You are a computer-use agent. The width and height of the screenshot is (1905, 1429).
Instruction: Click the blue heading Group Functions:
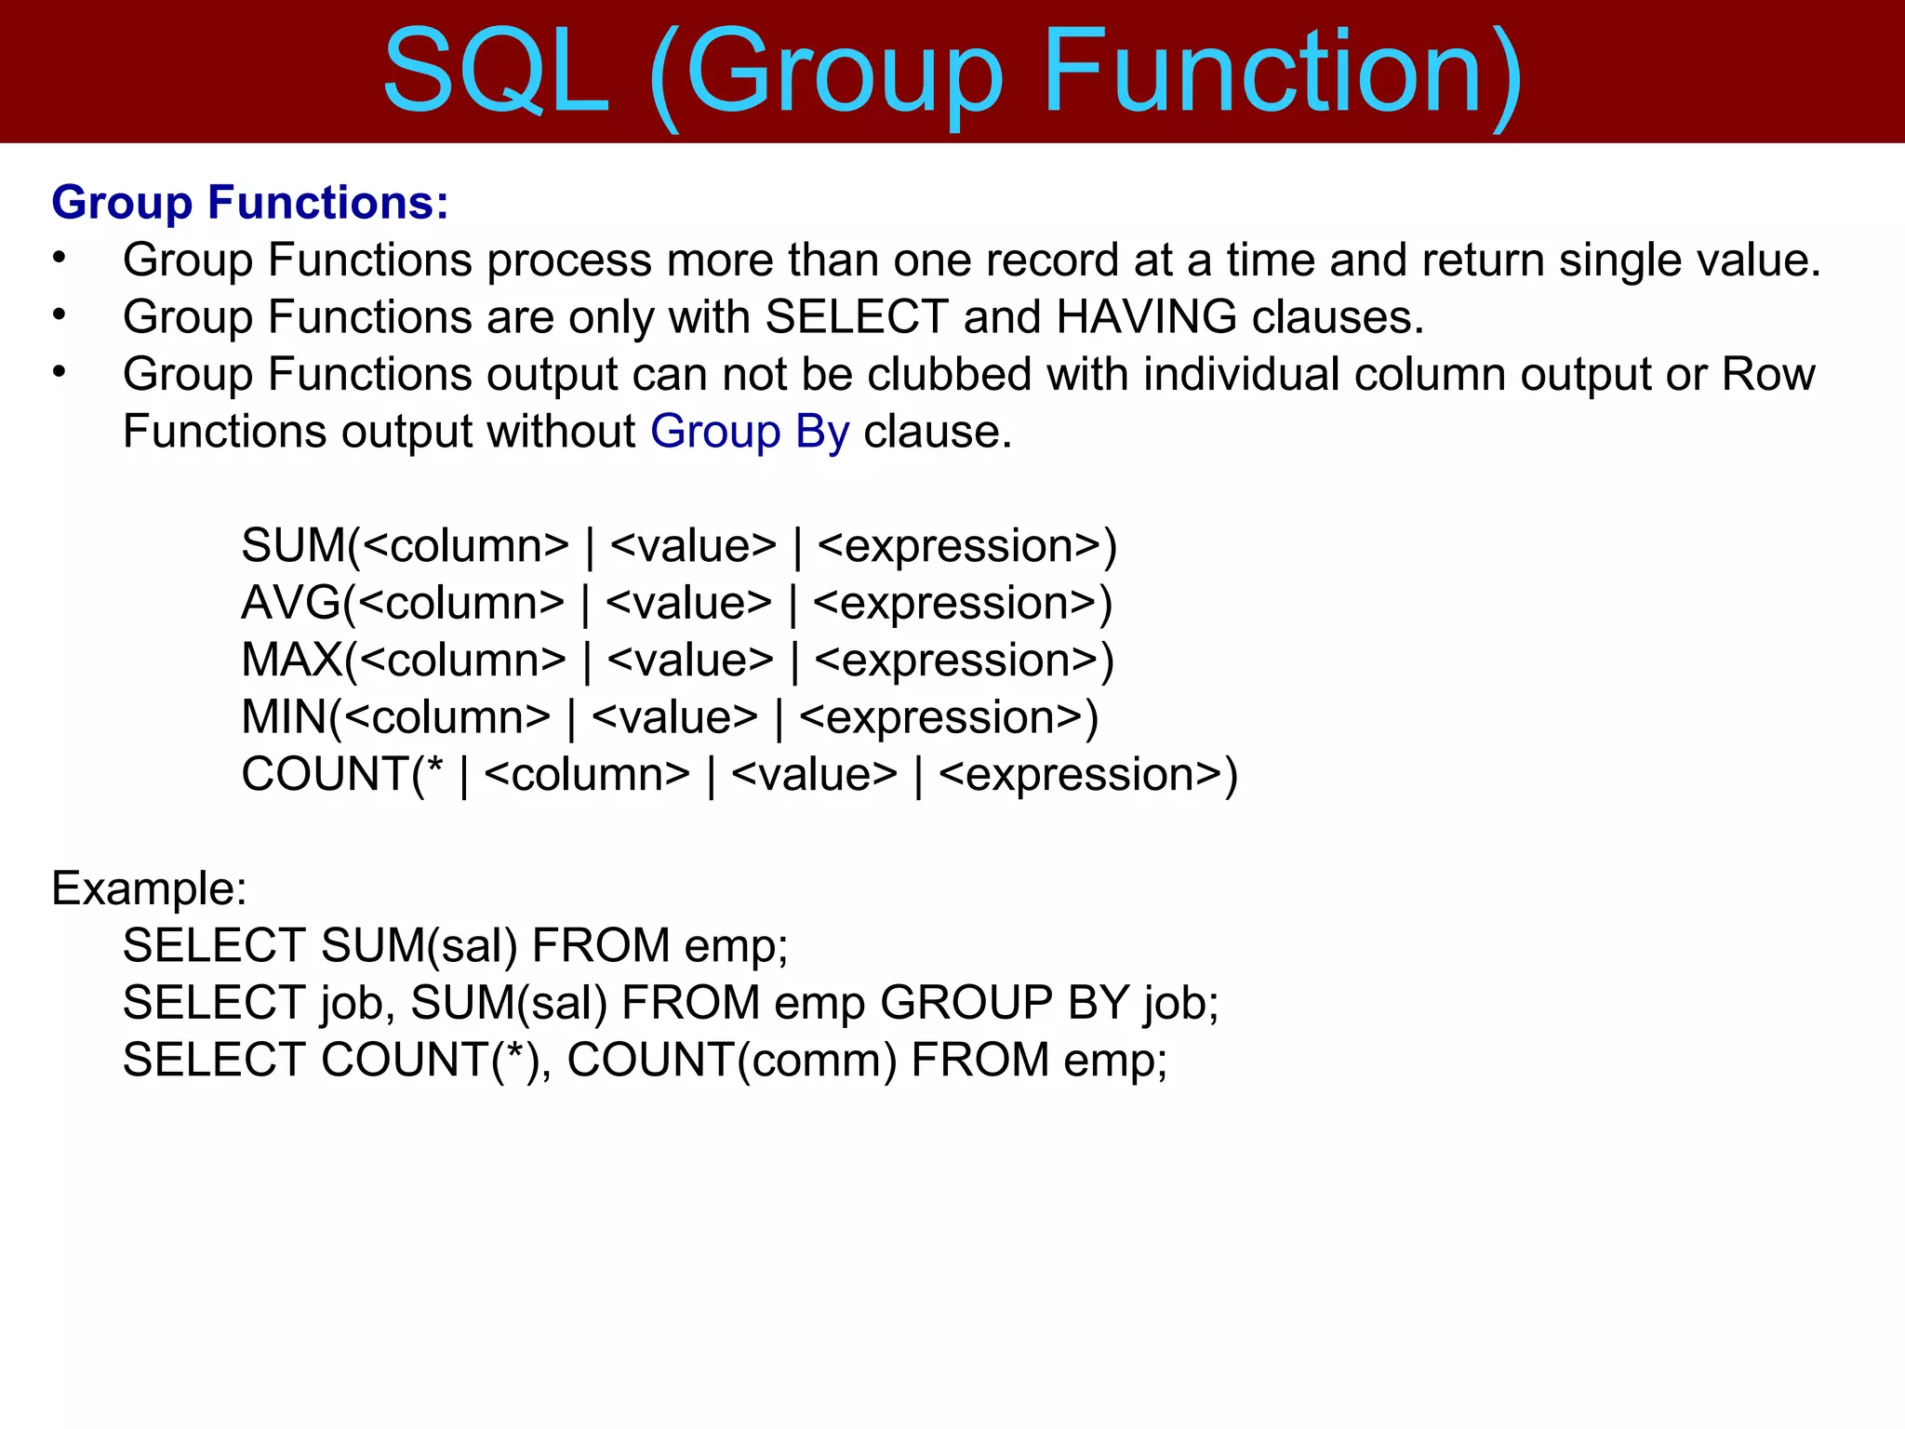tap(250, 203)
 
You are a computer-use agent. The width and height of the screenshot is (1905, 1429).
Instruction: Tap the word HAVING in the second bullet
tap(1146, 317)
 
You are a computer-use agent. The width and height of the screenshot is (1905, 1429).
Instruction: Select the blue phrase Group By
tap(749, 433)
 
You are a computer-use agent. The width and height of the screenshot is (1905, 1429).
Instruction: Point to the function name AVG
tap(291, 604)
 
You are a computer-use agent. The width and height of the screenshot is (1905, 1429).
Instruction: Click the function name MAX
tap(292, 661)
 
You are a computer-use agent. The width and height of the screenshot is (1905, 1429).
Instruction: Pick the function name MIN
tap(284, 718)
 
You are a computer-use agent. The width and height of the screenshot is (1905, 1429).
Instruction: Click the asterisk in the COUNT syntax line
tap(433, 768)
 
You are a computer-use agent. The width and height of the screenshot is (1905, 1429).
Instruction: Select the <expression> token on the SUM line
tap(959, 547)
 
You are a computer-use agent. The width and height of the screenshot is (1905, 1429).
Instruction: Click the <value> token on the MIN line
tap(675, 718)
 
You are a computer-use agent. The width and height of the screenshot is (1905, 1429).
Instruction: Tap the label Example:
tap(149, 888)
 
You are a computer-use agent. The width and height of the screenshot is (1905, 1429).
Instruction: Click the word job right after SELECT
tap(353, 1004)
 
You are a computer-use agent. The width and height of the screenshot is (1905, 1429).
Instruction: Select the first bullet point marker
tap(60, 258)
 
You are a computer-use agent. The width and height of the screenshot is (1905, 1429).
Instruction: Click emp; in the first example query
tap(736, 947)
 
